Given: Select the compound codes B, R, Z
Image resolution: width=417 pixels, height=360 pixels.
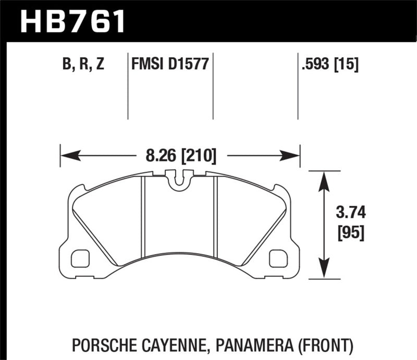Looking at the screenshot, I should pyautogui.click(x=83, y=65).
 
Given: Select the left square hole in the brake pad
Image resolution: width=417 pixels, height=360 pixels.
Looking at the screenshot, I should pyautogui.click(x=80, y=257).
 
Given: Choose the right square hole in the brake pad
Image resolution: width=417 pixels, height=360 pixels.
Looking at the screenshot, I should pyautogui.click(x=279, y=257).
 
